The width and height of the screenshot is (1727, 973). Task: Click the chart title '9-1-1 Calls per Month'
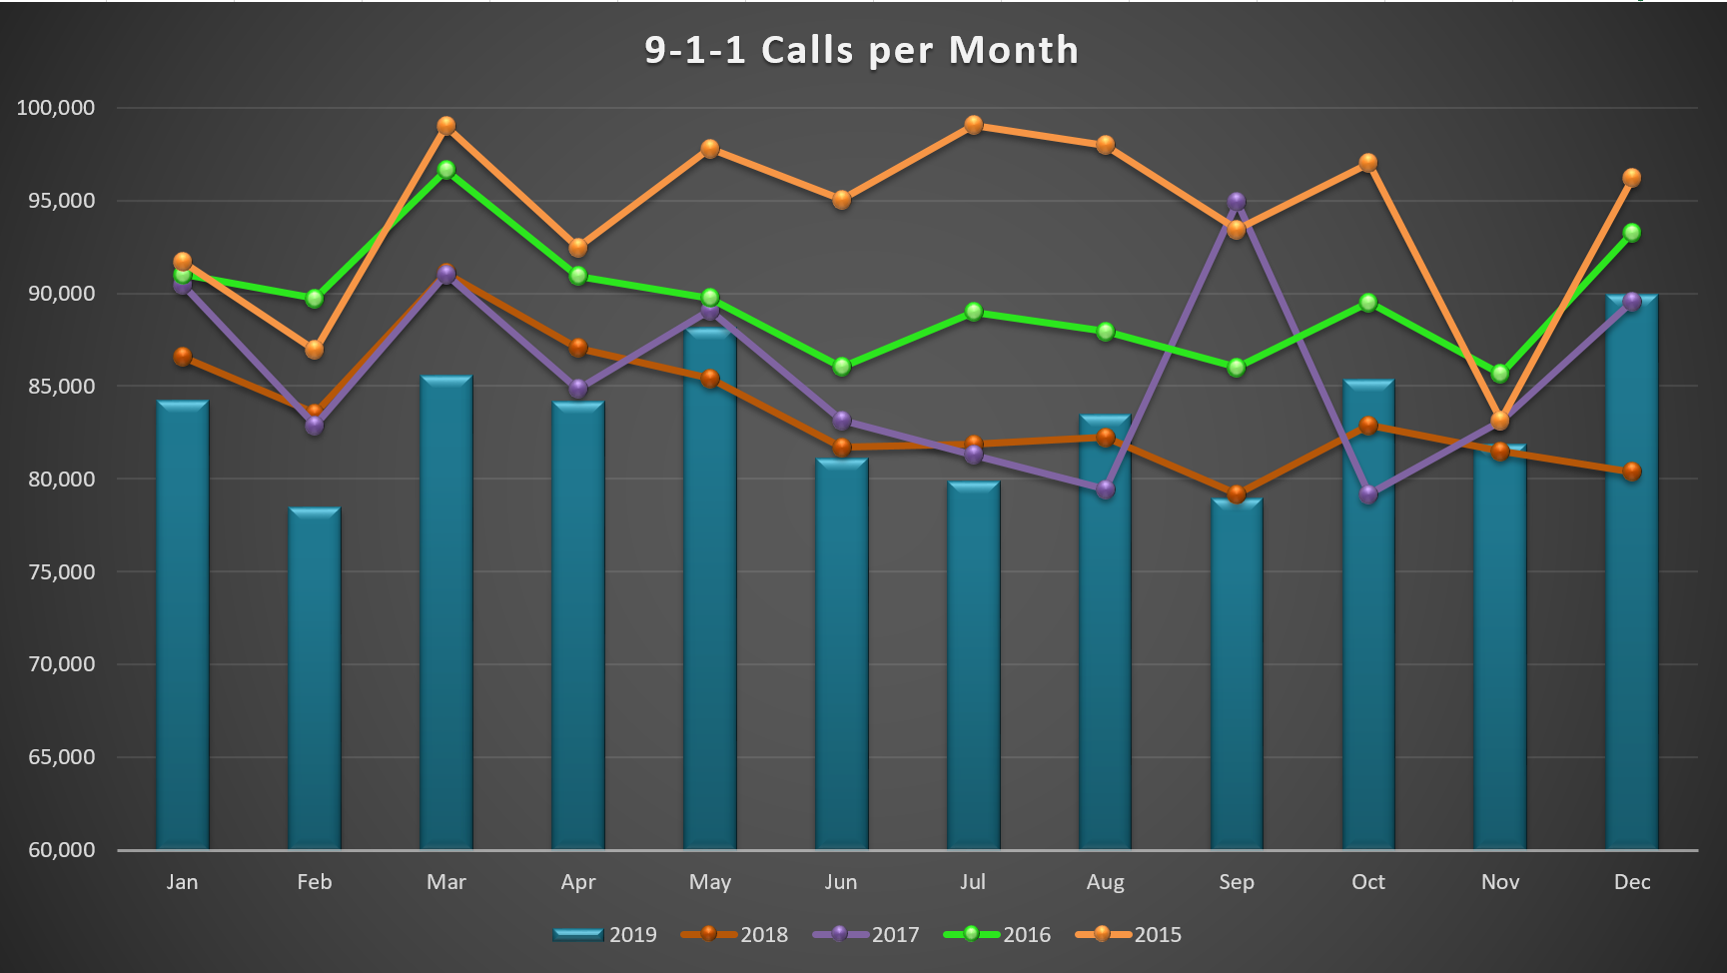tap(861, 50)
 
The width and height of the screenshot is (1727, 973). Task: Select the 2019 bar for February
tap(315, 679)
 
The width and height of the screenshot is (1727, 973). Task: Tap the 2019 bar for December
tap(1632, 599)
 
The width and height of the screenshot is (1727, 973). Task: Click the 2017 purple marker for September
tap(1237, 202)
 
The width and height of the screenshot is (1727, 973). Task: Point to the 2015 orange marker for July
tap(974, 125)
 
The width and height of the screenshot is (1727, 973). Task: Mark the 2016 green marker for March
tap(446, 170)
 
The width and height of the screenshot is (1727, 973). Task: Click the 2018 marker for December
tap(1632, 472)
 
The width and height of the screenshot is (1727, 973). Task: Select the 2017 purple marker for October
tap(1368, 494)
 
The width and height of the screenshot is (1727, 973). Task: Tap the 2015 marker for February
tap(315, 350)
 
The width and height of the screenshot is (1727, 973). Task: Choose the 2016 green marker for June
tap(842, 367)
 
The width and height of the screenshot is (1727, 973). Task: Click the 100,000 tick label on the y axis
tap(56, 108)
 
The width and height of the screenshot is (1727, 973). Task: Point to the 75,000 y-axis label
tap(61, 572)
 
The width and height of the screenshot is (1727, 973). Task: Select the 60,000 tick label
tap(61, 850)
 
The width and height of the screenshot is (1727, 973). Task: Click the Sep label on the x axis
tap(1237, 882)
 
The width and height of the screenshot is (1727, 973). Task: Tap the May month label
tap(710, 882)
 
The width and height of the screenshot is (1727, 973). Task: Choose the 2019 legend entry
tap(605, 935)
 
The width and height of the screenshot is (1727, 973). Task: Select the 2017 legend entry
tap(866, 935)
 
